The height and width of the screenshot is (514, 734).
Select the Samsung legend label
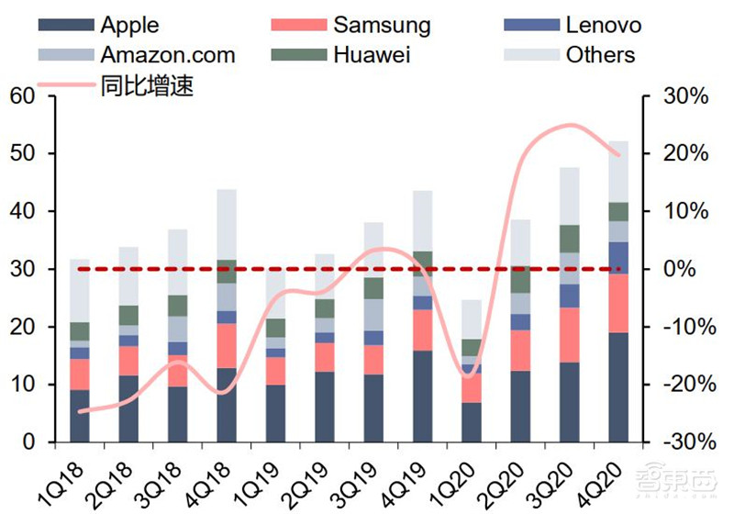382,25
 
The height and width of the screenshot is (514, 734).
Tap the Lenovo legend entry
604,25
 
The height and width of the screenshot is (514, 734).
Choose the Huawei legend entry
372,54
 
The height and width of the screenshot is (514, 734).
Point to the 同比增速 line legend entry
147,86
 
